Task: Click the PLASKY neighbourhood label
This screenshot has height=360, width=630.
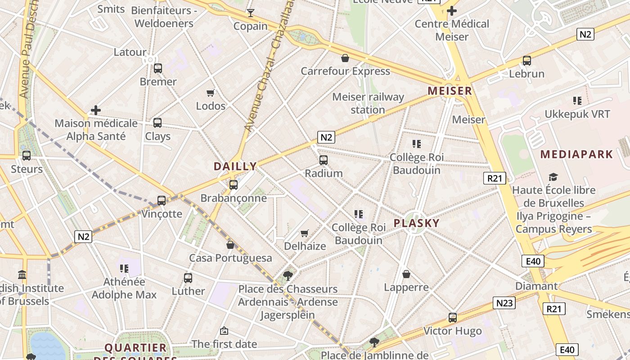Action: [416, 223]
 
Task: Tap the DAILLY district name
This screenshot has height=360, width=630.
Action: [235, 166]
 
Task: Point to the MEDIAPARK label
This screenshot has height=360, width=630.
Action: [576, 154]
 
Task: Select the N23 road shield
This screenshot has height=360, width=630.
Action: [504, 303]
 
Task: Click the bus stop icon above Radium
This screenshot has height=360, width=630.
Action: [323, 160]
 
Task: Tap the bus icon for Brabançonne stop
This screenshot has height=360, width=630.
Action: [233, 184]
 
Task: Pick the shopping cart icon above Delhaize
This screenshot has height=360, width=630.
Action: [305, 233]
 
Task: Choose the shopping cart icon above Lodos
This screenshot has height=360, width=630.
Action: [210, 93]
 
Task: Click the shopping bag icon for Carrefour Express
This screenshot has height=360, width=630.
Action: [345, 58]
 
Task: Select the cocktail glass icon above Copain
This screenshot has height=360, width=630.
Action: [251, 13]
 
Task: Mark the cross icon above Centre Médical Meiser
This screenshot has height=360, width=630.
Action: [452, 11]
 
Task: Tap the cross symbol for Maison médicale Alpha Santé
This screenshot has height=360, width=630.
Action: [95, 110]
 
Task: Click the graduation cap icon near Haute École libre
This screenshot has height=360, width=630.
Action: [553, 177]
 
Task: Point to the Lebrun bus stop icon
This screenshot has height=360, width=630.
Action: [526, 60]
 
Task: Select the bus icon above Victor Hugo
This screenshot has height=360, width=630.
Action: [453, 318]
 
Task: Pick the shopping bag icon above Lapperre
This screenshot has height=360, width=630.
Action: [406, 274]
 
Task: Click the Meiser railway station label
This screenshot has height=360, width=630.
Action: [368, 103]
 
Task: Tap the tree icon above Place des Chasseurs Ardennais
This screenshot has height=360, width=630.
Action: [288, 275]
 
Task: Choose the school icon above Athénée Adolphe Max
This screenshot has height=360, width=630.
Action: [124, 269]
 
